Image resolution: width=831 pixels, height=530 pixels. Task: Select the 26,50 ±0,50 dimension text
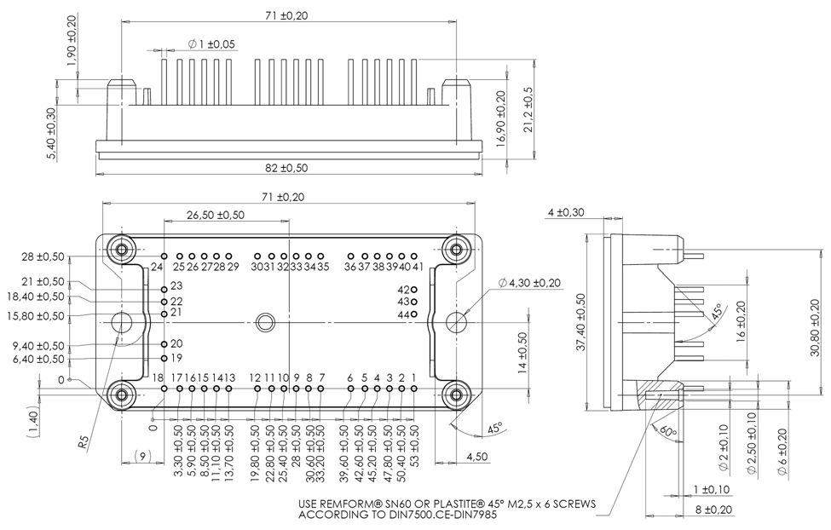(216, 215)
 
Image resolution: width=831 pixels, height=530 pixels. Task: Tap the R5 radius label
(83, 442)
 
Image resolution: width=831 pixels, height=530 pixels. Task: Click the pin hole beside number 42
(414, 290)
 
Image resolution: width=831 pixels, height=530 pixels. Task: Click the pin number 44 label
(403, 315)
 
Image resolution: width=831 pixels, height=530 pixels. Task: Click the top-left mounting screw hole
(122, 250)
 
